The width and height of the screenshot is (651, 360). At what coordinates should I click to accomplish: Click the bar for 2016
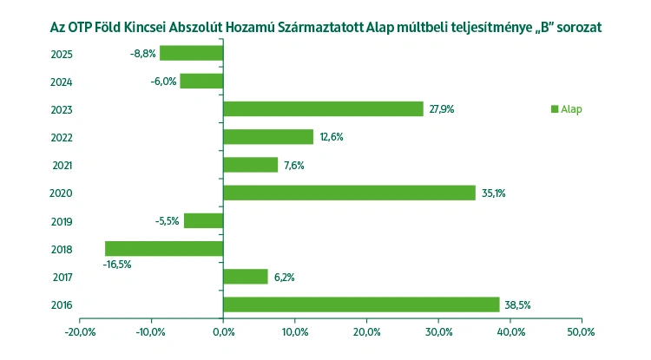361,304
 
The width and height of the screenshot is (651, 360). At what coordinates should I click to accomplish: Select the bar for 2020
349,193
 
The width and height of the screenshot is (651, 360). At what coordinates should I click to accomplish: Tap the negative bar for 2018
164,248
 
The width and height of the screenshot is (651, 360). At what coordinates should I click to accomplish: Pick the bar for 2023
323,108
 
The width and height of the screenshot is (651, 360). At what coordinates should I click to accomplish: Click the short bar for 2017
246,276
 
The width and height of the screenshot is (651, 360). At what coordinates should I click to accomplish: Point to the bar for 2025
191,53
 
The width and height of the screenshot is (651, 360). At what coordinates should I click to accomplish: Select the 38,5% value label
518,304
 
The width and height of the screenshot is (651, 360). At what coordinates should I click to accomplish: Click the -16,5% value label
117,265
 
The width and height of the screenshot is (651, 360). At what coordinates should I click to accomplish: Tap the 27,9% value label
441,109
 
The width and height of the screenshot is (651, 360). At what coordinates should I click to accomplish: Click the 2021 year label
62,165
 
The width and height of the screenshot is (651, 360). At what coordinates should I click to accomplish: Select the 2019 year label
62,221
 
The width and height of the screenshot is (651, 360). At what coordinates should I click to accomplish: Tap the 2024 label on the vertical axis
62,82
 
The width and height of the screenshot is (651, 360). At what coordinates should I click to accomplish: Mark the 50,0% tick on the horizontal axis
581,332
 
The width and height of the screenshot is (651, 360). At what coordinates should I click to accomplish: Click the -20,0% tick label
79,332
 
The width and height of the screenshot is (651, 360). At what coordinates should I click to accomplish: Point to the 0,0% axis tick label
223,332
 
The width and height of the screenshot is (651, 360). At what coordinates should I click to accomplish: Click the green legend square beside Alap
554,109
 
